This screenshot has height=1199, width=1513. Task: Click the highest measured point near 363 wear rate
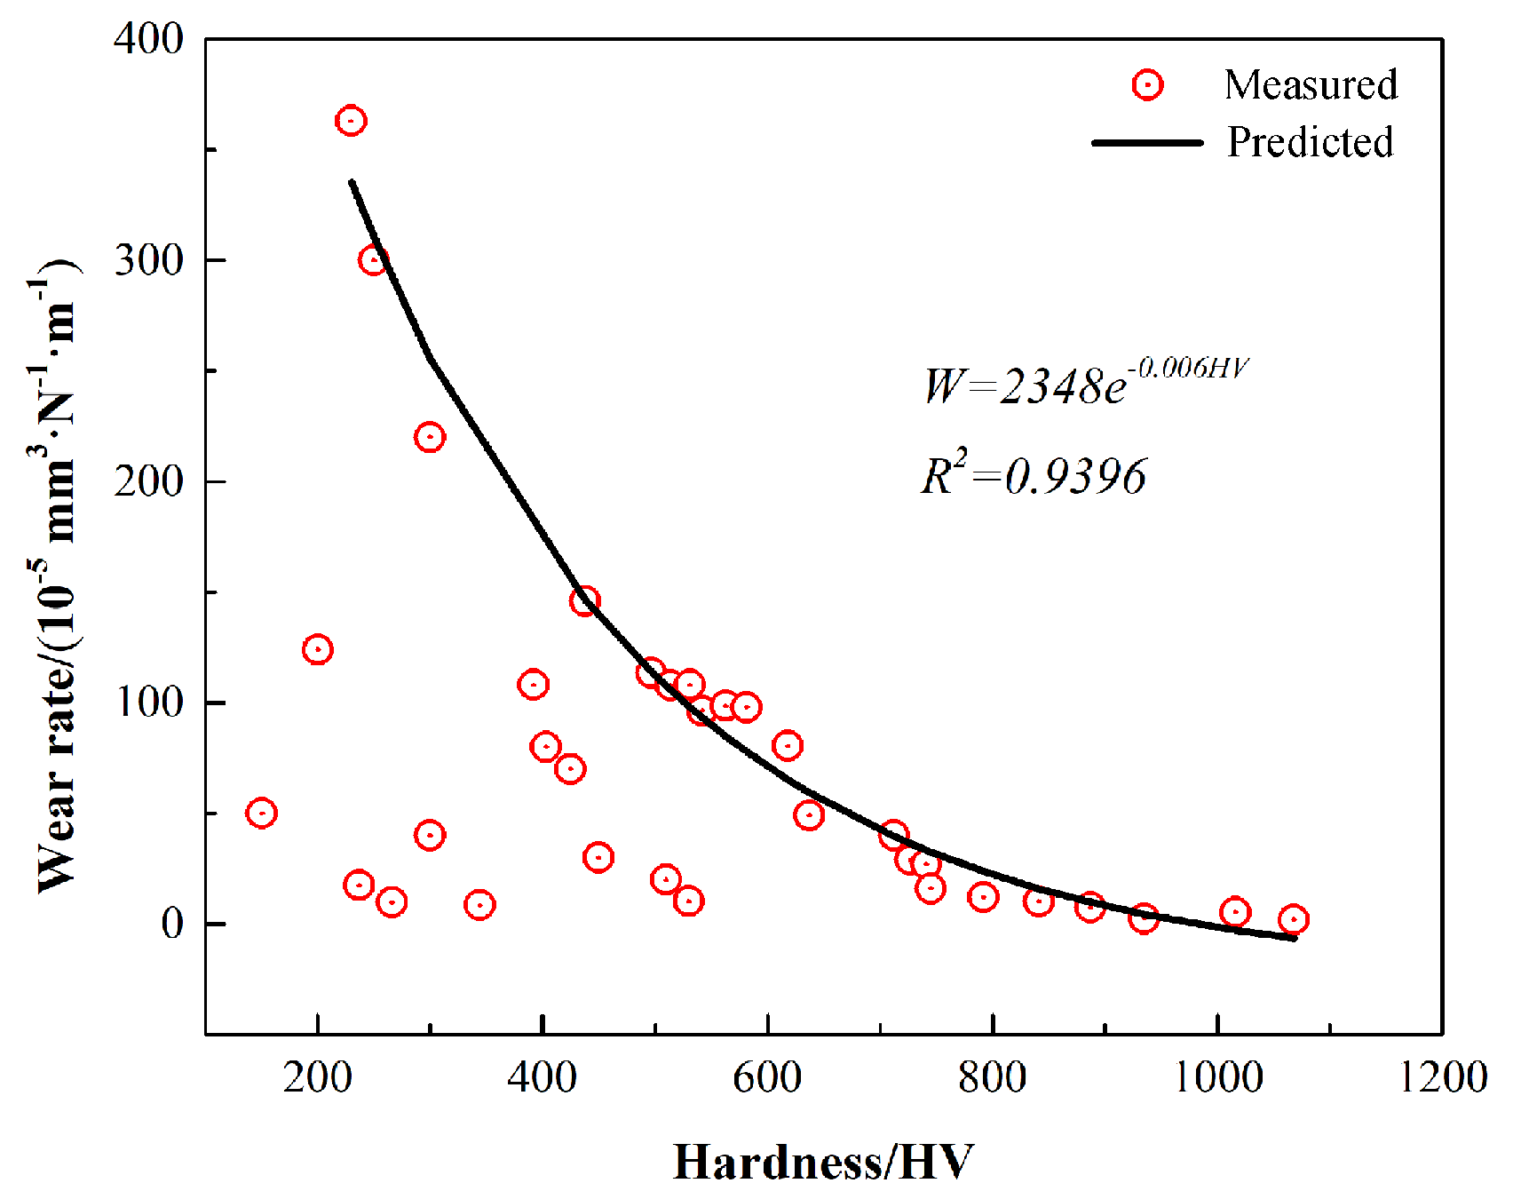[x=351, y=121]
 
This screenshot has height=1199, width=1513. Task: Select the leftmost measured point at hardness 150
[x=261, y=813]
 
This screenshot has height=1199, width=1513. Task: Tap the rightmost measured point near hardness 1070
[x=1293, y=919]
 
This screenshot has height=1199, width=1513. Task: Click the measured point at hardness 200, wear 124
[x=317, y=649]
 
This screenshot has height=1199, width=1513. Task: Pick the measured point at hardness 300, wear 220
[x=430, y=437]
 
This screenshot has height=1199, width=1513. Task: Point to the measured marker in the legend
[x=1147, y=85]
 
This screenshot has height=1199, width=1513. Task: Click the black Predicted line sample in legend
[x=1146, y=142]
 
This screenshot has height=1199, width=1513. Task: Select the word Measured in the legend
[x=1311, y=85]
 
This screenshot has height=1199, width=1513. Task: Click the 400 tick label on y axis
[x=148, y=39]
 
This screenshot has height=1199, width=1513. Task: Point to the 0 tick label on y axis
[x=172, y=924]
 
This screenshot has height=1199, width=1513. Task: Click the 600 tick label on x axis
[x=767, y=1077]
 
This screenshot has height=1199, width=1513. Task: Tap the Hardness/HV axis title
[x=823, y=1162]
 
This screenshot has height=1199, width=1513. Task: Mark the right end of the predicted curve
[x=1295, y=938]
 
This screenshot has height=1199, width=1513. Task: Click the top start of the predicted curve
[x=352, y=182]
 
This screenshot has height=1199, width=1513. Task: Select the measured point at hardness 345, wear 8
[x=479, y=905]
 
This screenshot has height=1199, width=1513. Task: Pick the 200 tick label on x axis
[x=317, y=1077]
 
